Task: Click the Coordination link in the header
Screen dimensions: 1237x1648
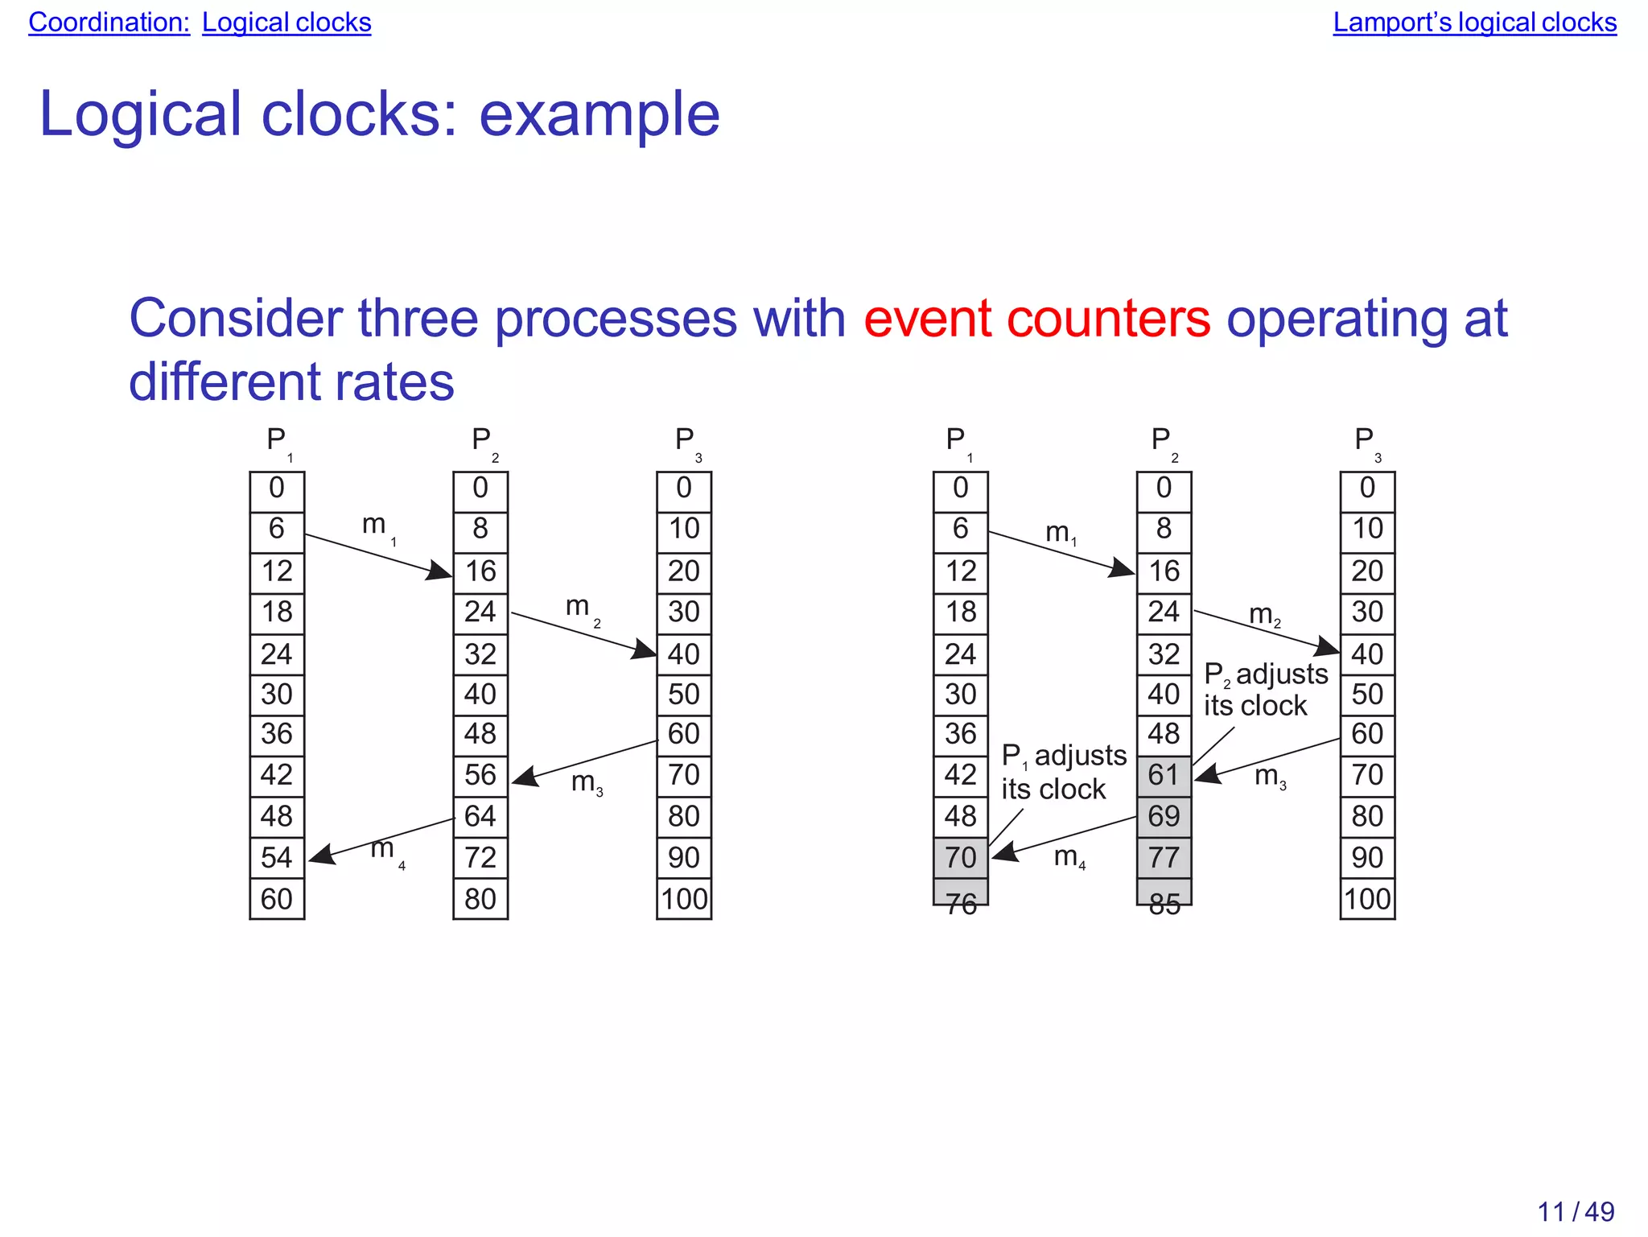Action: point(109,23)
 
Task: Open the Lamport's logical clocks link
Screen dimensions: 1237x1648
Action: point(1474,23)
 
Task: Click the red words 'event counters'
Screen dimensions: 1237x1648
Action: point(1036,319)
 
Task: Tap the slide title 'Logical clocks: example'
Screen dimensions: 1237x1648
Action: point(379,114)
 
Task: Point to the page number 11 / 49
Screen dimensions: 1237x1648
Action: point(1576,1211)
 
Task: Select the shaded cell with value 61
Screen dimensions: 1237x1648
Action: point(1164,775)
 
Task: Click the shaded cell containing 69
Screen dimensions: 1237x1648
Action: point(1164,817)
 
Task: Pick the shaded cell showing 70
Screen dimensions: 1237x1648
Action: point(961,858)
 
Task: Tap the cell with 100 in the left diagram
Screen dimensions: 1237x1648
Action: point(684,899)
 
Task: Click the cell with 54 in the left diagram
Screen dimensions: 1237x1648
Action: point(277,858)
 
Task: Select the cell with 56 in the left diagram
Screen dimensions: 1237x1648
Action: point(480,775)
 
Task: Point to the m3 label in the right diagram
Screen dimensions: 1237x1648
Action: point(1271,777)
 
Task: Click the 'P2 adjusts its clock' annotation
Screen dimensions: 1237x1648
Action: point(1265,690)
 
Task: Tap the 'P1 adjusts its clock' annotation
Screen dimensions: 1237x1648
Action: point(1063,773)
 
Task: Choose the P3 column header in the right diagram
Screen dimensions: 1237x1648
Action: point(1366,442)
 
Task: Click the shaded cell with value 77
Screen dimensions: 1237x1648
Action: point(1164,858)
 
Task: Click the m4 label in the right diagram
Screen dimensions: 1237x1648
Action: point(1069,857)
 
